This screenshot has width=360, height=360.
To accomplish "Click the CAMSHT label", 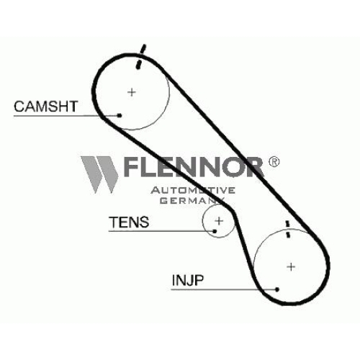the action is point(46,107).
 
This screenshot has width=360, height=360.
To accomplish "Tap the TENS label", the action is point(129,222).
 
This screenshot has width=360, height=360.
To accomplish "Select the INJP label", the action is point(188,280).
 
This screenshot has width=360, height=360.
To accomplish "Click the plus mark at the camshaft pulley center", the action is point(132,92).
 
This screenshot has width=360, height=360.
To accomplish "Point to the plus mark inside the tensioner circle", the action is point(219,221).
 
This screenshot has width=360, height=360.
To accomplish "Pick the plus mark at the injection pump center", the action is point(291,266).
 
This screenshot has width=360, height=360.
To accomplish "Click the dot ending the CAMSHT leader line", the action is point(120,115).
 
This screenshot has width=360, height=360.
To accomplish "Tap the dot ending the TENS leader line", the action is point(215,231).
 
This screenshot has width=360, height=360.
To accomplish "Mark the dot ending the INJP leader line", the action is point(277,289).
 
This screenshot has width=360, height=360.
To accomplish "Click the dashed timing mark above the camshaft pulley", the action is point(140,56).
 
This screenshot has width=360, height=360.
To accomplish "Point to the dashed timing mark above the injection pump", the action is point(287,229).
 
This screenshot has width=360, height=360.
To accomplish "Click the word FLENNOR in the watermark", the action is point(194,167).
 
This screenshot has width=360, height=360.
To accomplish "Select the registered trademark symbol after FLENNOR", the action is point(274,162).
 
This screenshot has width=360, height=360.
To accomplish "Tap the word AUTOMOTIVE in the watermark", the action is point(193,190).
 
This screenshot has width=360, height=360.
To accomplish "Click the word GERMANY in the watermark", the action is point(192,200).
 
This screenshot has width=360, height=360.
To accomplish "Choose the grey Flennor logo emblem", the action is point(99,175).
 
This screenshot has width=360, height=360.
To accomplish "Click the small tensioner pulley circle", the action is point(203,221).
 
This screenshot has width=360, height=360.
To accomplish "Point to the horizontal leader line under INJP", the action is point(224,289).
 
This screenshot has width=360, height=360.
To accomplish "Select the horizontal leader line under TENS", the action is point(161,231).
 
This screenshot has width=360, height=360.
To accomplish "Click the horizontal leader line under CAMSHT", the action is point(66,116).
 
